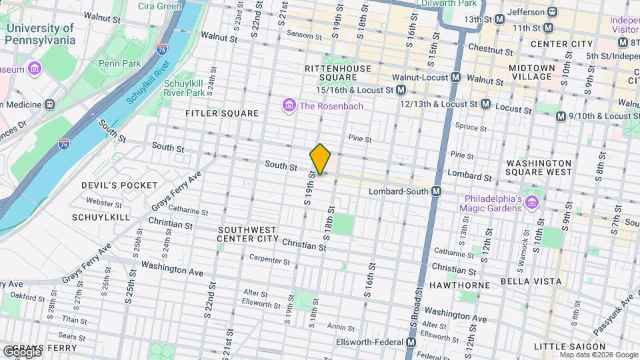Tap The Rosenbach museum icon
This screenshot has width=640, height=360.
coord(289,105)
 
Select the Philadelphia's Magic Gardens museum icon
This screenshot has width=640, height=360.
coord(531,202)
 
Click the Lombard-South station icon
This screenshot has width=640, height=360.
coord(436,191)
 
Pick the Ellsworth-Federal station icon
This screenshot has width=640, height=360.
coord(411,343)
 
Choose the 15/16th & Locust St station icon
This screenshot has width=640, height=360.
coord(401,89)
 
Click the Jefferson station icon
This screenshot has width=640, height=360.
coord(552,12)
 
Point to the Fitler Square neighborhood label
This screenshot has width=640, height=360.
coord(222,113)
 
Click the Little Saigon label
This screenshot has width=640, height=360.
coord(564,346)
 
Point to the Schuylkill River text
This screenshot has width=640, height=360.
coord(150,87)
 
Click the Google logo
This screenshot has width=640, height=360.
coord(21,352)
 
